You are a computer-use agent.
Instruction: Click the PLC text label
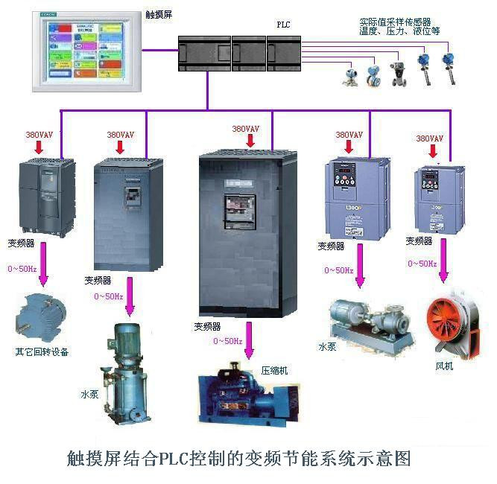283,25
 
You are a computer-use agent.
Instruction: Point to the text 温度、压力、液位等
399,32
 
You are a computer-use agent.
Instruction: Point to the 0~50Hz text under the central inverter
227,341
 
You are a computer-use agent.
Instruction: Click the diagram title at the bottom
238,457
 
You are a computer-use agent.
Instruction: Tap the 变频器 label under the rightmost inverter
419,241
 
